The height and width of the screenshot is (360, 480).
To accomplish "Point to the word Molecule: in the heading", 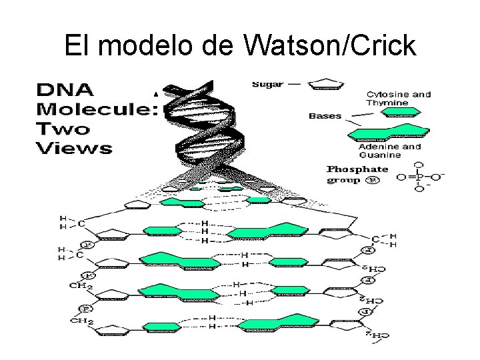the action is point(93,108).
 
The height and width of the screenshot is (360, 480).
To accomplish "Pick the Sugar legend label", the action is point(267,85).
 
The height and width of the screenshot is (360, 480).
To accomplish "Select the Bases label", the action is point(325,115).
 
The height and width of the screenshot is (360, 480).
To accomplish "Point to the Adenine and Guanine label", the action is point(389,151).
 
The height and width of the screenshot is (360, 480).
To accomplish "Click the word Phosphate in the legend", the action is point(357,169).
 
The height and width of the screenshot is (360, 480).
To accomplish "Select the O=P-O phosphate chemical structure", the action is point(419,177).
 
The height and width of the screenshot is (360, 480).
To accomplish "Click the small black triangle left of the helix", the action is point(156,95).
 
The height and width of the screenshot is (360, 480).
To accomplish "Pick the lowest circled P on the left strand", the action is point(87,309).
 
